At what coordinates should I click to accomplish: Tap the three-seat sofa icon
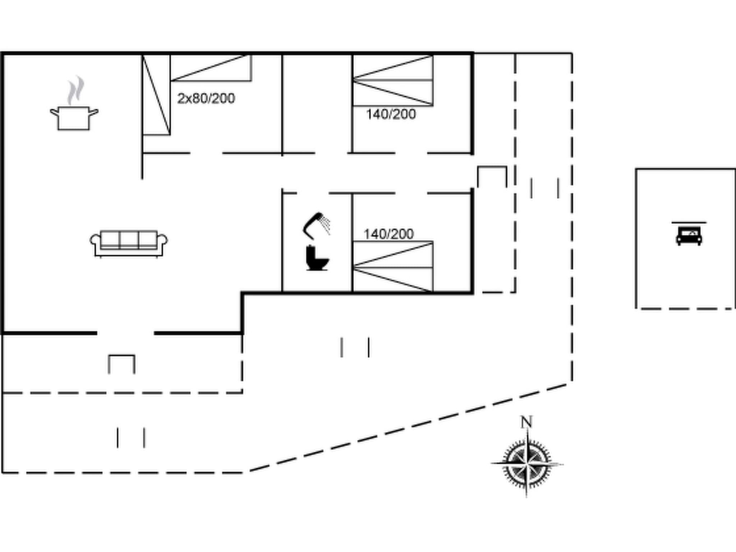pyautogui.click(x=129, y=243)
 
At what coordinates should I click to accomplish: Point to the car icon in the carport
pyautogui.click(x=689, y=236)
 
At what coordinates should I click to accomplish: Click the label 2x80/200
pyautogui.click(x=206, y=98)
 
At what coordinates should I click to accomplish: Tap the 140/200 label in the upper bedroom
pyautogui.click(x=391, y=114)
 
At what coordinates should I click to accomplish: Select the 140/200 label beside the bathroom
pyautogui.click(x=388, y=234)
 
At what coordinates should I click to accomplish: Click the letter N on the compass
pyautogui.click(x=526, y=422)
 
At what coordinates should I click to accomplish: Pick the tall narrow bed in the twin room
pyautogui.click(x=156, y=95)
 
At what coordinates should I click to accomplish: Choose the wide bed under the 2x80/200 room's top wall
pyautogui.click(x=211, y=68)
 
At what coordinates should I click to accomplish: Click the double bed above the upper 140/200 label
pyautogui.click(x=393, y=80)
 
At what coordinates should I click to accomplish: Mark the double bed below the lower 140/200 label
pyautogui.click(x=393, y=267)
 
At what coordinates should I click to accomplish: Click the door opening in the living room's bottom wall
pyautogui.click(x=125, y=333)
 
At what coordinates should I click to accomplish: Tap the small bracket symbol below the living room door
pyautogui.click(x=121, y=364)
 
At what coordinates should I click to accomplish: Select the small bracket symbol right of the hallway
pyautogui.click(x=492, y=176)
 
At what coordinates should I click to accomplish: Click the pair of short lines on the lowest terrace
pyautogui.click(x=131, y=437)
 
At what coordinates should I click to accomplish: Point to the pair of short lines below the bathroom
pyautogui.click(x=355, y=347)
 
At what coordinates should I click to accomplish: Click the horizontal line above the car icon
pyautogui.click(x=689, y=222)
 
